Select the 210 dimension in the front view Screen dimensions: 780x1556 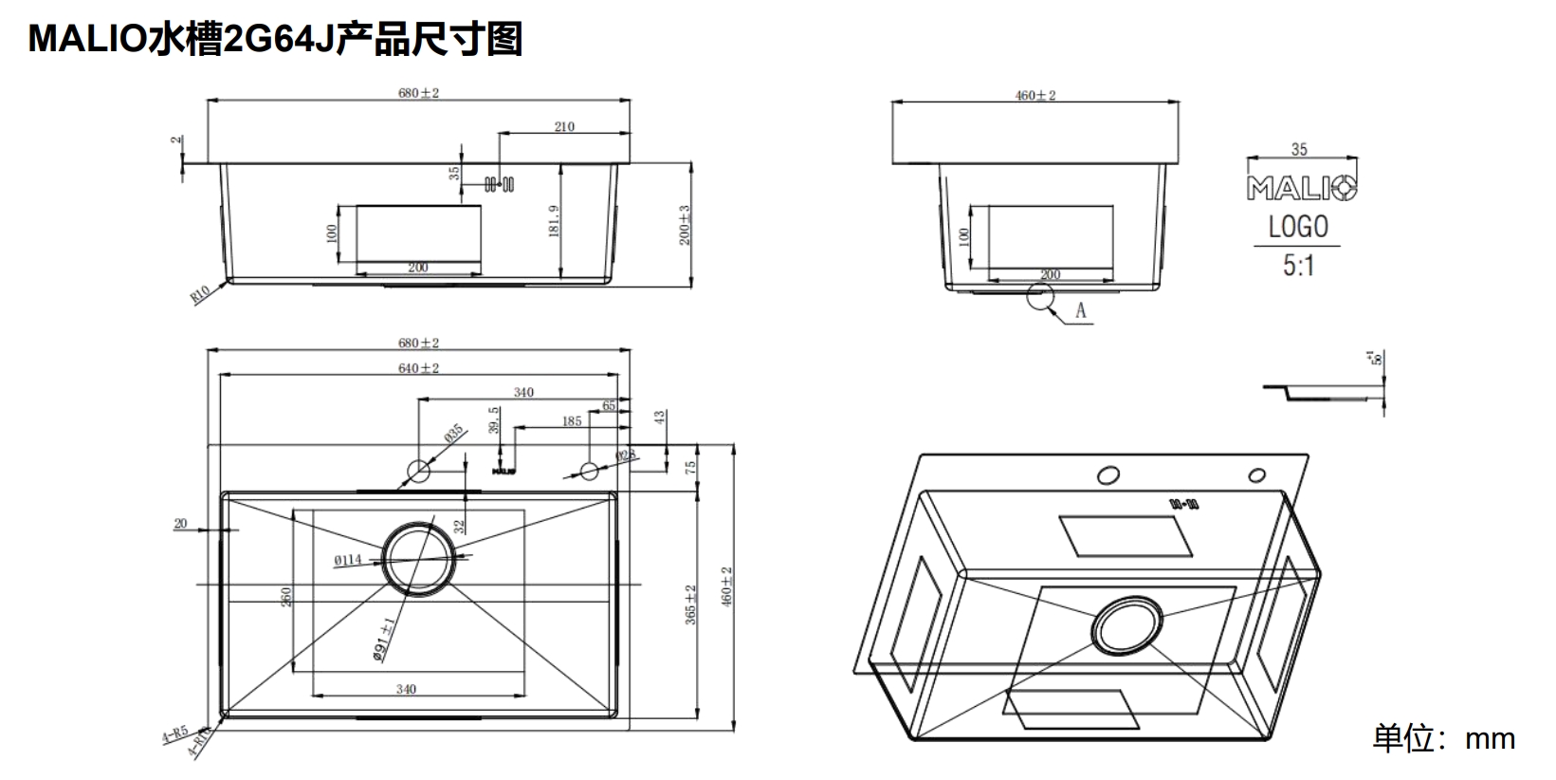pos(564,126)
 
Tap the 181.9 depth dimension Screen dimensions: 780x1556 pos(555,220)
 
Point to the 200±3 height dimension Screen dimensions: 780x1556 pos(686,225)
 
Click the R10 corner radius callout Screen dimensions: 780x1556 pos(200,296)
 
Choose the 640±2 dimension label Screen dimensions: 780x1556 pos(418,368)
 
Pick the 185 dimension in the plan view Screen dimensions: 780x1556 pos(571,420)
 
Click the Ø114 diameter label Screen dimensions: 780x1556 pos(347,561)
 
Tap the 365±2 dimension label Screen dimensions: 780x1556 pos(691,604)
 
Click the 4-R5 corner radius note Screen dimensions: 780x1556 pos(174,735)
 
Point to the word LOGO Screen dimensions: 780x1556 pos(1298,228)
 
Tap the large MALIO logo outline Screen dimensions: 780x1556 pos(1302,188)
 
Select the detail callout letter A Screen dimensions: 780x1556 pos(1080,310)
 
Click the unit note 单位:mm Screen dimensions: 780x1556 pos(1443,738)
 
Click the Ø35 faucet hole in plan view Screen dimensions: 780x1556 pos(418,469)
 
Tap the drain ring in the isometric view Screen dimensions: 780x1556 pos(1126,628)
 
